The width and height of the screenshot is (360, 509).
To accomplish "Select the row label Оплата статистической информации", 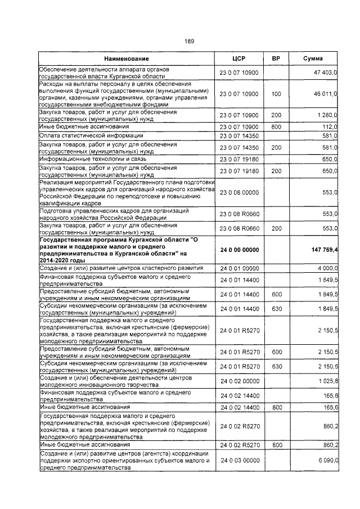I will pyautogui.click(x=91, y=136).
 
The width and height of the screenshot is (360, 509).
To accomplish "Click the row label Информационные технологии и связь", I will pyautogui.click(x=92, y=160).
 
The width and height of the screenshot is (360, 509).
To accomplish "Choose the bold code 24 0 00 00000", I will pyautogui.click(x=239, y=250).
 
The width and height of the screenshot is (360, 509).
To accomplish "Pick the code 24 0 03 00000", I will pyautogui.click(x=239, y=461).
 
